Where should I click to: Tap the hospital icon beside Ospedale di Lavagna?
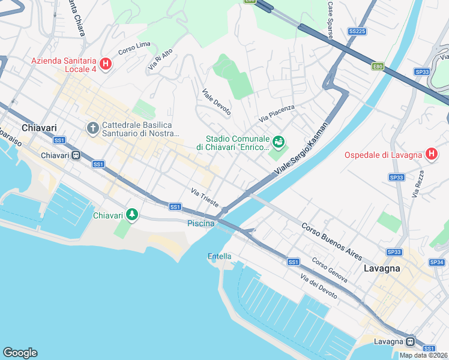[430, 155]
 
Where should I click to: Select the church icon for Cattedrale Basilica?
[92, 128]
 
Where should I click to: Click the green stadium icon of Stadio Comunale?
[278, 142]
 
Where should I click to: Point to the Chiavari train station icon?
[76, 155]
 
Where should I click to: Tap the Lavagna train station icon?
[411, 341]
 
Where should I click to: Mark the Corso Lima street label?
[134, 49]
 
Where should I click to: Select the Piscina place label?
[200, 223]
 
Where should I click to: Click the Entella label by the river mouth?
[219, 256]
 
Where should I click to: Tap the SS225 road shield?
[357, 31]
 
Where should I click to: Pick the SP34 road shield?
[436, 262]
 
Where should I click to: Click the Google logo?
[20, 352]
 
